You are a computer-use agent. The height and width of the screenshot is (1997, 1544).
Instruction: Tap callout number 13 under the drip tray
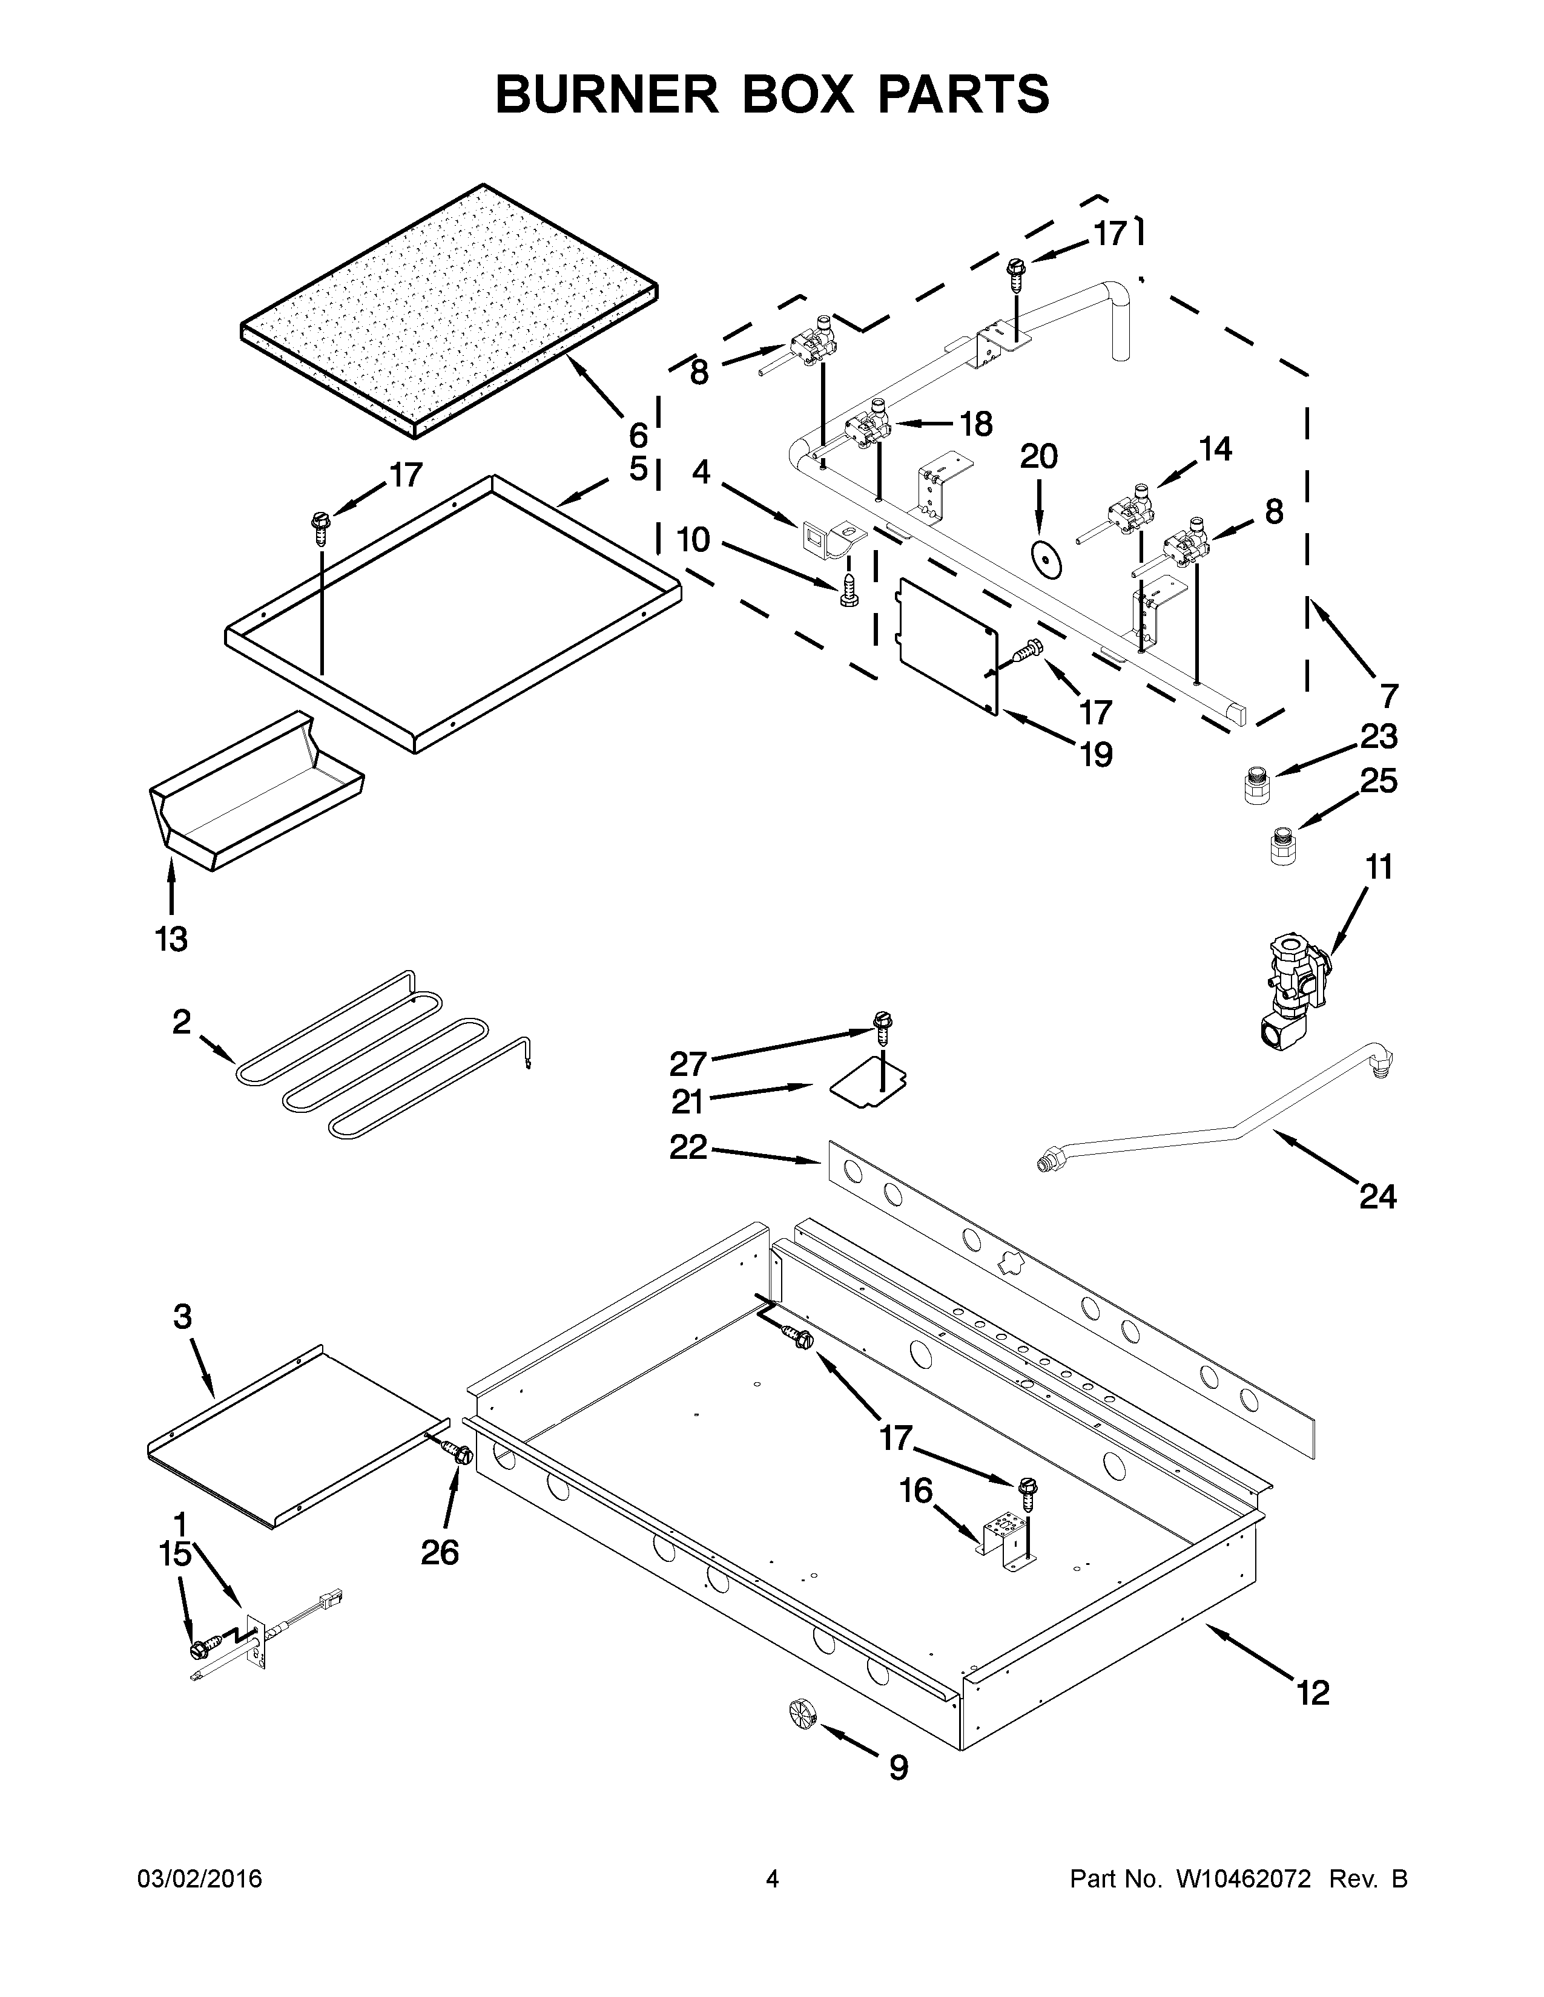click(171, 939)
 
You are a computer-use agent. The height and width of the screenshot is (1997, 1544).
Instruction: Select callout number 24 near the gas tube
click(1377, 1196)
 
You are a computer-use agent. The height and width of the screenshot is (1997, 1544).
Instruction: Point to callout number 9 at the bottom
click(898, 1768)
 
